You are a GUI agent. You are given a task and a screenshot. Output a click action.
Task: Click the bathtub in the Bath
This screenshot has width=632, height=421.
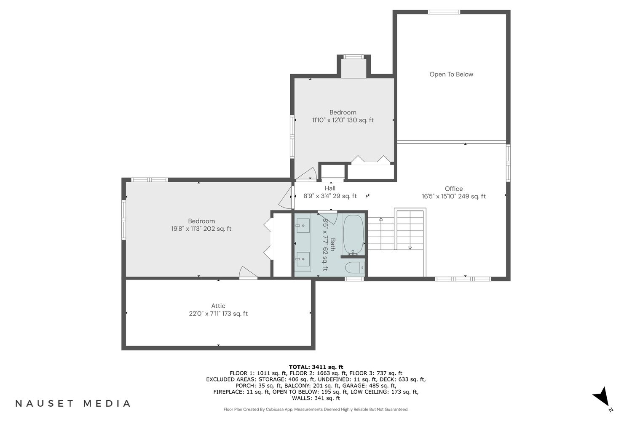353,234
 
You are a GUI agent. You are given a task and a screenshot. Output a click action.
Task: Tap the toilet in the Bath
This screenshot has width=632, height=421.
355,268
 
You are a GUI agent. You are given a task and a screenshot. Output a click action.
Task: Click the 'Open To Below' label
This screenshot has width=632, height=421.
451,74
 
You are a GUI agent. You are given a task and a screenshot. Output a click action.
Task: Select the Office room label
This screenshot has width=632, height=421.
454,189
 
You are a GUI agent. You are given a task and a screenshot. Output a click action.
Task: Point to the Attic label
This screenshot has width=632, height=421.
218,306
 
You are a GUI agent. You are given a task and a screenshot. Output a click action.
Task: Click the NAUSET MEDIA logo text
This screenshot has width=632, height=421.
73,403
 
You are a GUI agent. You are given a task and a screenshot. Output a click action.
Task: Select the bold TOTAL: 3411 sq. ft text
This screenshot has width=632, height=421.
316,367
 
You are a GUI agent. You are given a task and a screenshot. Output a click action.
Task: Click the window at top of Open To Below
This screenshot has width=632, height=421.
444,12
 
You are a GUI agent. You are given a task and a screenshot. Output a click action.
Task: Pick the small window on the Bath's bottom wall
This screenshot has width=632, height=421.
354,279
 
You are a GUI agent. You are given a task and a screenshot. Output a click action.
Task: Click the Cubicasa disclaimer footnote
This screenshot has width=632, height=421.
316,409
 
